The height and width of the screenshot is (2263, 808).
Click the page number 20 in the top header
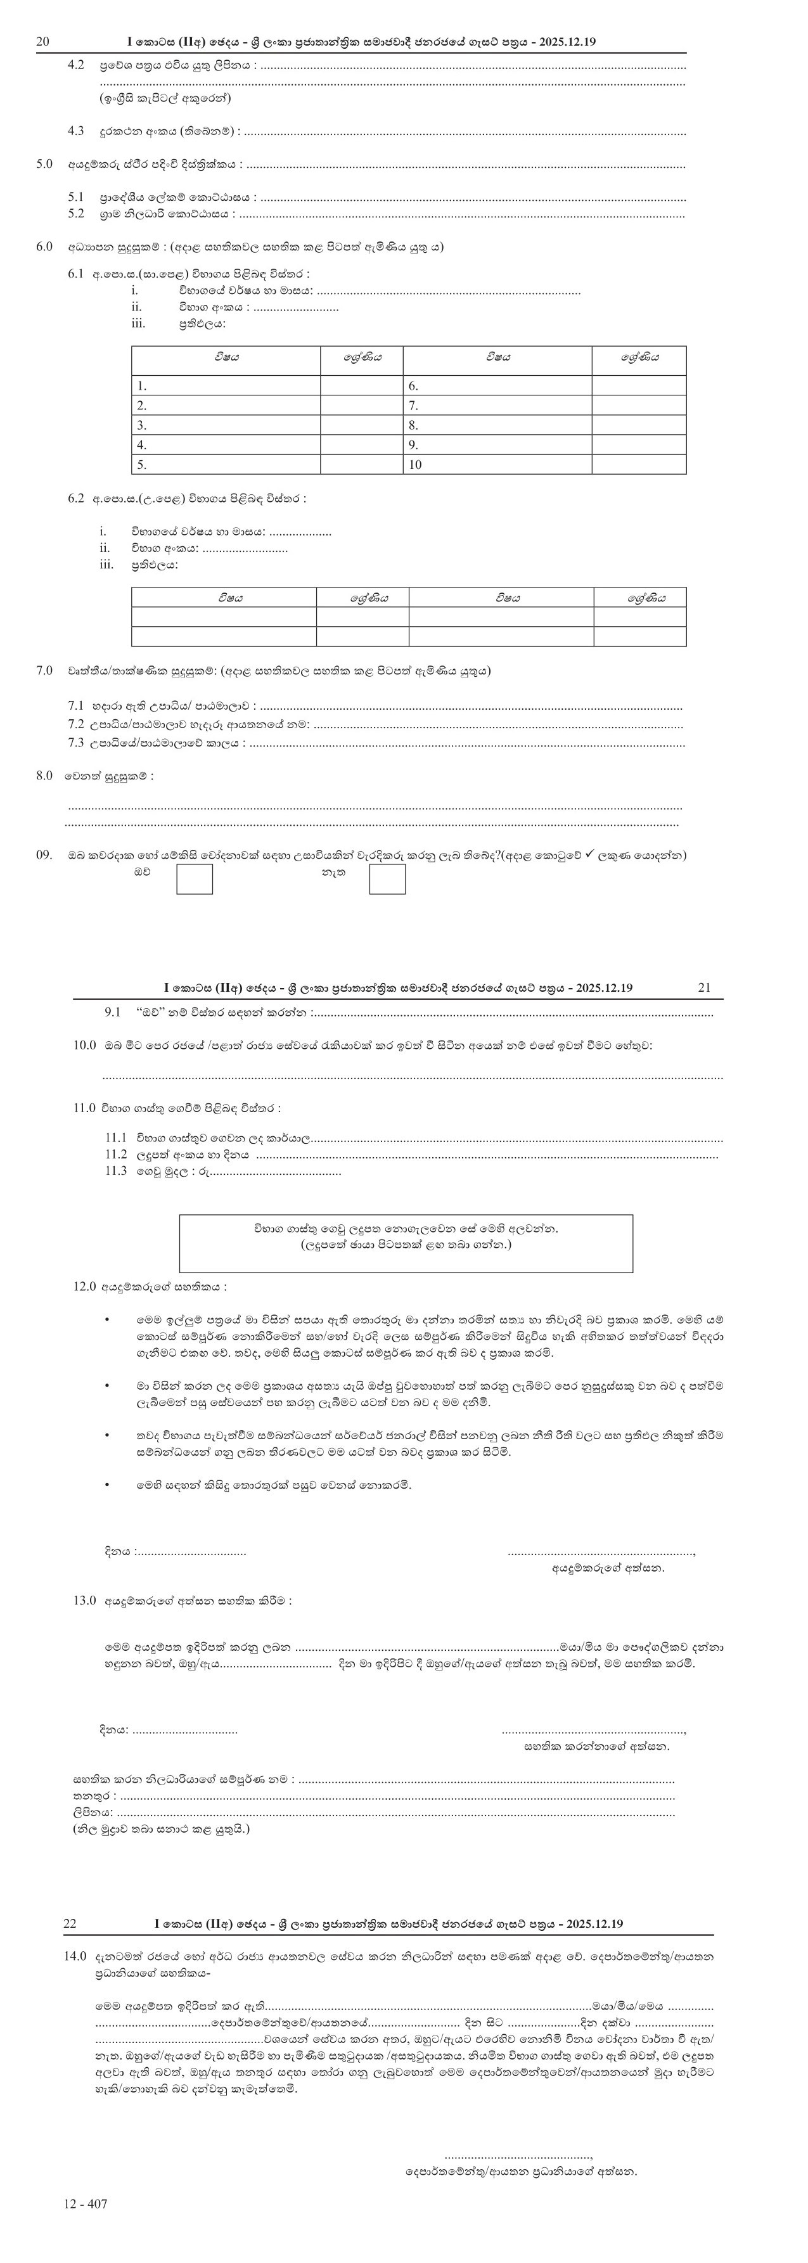[x=42, y=41]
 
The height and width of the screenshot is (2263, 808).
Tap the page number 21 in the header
[x=704, y=987]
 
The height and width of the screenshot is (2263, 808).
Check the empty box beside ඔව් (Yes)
[x=194, y=878]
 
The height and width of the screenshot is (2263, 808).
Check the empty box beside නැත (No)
[x=387, y=878]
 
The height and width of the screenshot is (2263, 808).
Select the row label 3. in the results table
[x=141, y=425]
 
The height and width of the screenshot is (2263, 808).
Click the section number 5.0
[x=44, y=164]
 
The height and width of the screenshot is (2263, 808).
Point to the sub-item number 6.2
[x=75, y=498]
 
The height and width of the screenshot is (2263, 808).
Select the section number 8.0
[x=44, y=776]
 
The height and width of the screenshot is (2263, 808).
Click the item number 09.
[x=44, y=855]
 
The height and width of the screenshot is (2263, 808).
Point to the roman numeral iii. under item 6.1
[x=138, y=323]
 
